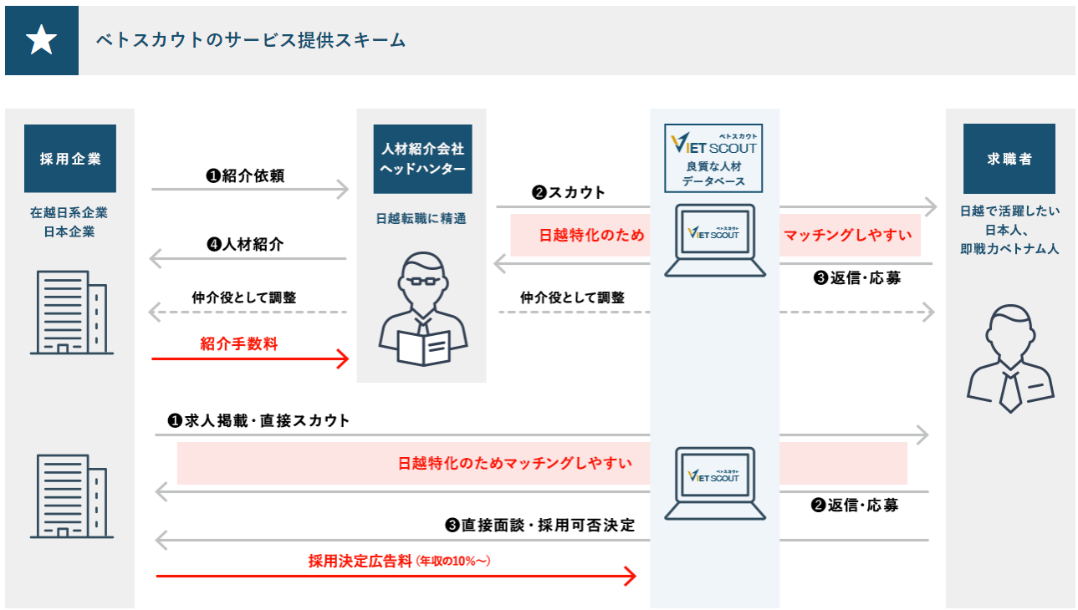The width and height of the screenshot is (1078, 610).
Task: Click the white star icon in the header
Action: (x=42, y=40)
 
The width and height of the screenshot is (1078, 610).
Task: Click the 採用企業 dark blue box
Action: (x=70, y=159)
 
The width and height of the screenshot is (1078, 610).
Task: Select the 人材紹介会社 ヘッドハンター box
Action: (x=422, y=159)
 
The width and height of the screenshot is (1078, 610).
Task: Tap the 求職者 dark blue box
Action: (x=1009, y=159)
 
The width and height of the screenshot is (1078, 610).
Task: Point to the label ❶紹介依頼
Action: (x=245, y=175)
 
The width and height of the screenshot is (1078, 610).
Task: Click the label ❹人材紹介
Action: (x=245, y=245)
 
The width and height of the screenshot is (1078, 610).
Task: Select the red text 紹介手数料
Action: (x=239, y=343)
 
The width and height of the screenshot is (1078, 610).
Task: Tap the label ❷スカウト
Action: (x=568, y=192)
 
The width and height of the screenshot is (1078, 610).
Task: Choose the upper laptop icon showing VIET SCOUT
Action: (x=714, y=240)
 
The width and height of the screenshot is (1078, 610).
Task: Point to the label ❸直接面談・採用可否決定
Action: (x=539, y=526)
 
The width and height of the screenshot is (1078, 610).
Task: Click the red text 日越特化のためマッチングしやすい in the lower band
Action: (x=515, y=463)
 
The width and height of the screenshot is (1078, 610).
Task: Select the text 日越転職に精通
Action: (x=421, y=220)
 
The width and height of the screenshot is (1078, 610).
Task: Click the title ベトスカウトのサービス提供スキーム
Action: (x=251, y=40)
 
